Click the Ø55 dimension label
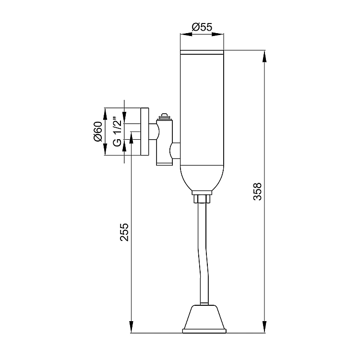pos(202,27)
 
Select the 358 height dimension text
pos(257,192)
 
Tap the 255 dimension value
pos(124,232)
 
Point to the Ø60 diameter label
pos(98,132)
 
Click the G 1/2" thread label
pos(117,132)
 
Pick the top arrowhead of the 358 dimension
pos(264,57)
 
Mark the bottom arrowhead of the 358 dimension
pos(264,326)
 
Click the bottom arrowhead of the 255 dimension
pos(132,326)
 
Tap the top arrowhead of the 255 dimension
pos(132,138)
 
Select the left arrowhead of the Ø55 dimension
pos(186,35)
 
